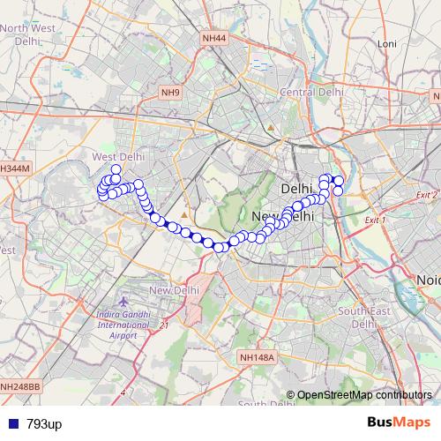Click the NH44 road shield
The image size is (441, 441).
coord(213,39)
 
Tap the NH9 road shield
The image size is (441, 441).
coord(170,92)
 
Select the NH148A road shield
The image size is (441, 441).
coord(257,357)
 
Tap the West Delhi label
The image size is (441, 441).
coord(117,156)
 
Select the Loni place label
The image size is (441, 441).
coord(386,42)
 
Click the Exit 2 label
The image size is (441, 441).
coord(427,195)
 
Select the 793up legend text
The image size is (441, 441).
coord(44,424)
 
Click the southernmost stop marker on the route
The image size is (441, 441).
coord(220,246)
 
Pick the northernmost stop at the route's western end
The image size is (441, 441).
coord(116,169)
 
